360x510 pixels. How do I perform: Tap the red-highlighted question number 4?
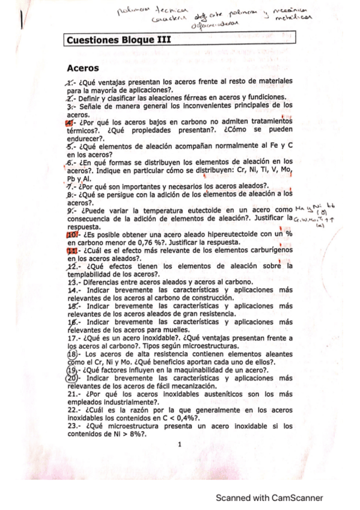[69, 122]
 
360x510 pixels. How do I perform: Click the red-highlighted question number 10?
[70, 233]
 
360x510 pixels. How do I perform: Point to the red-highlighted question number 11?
[71, 250]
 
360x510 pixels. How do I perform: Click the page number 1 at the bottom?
[179, 444]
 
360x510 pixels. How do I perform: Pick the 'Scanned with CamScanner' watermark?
[269, 497]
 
